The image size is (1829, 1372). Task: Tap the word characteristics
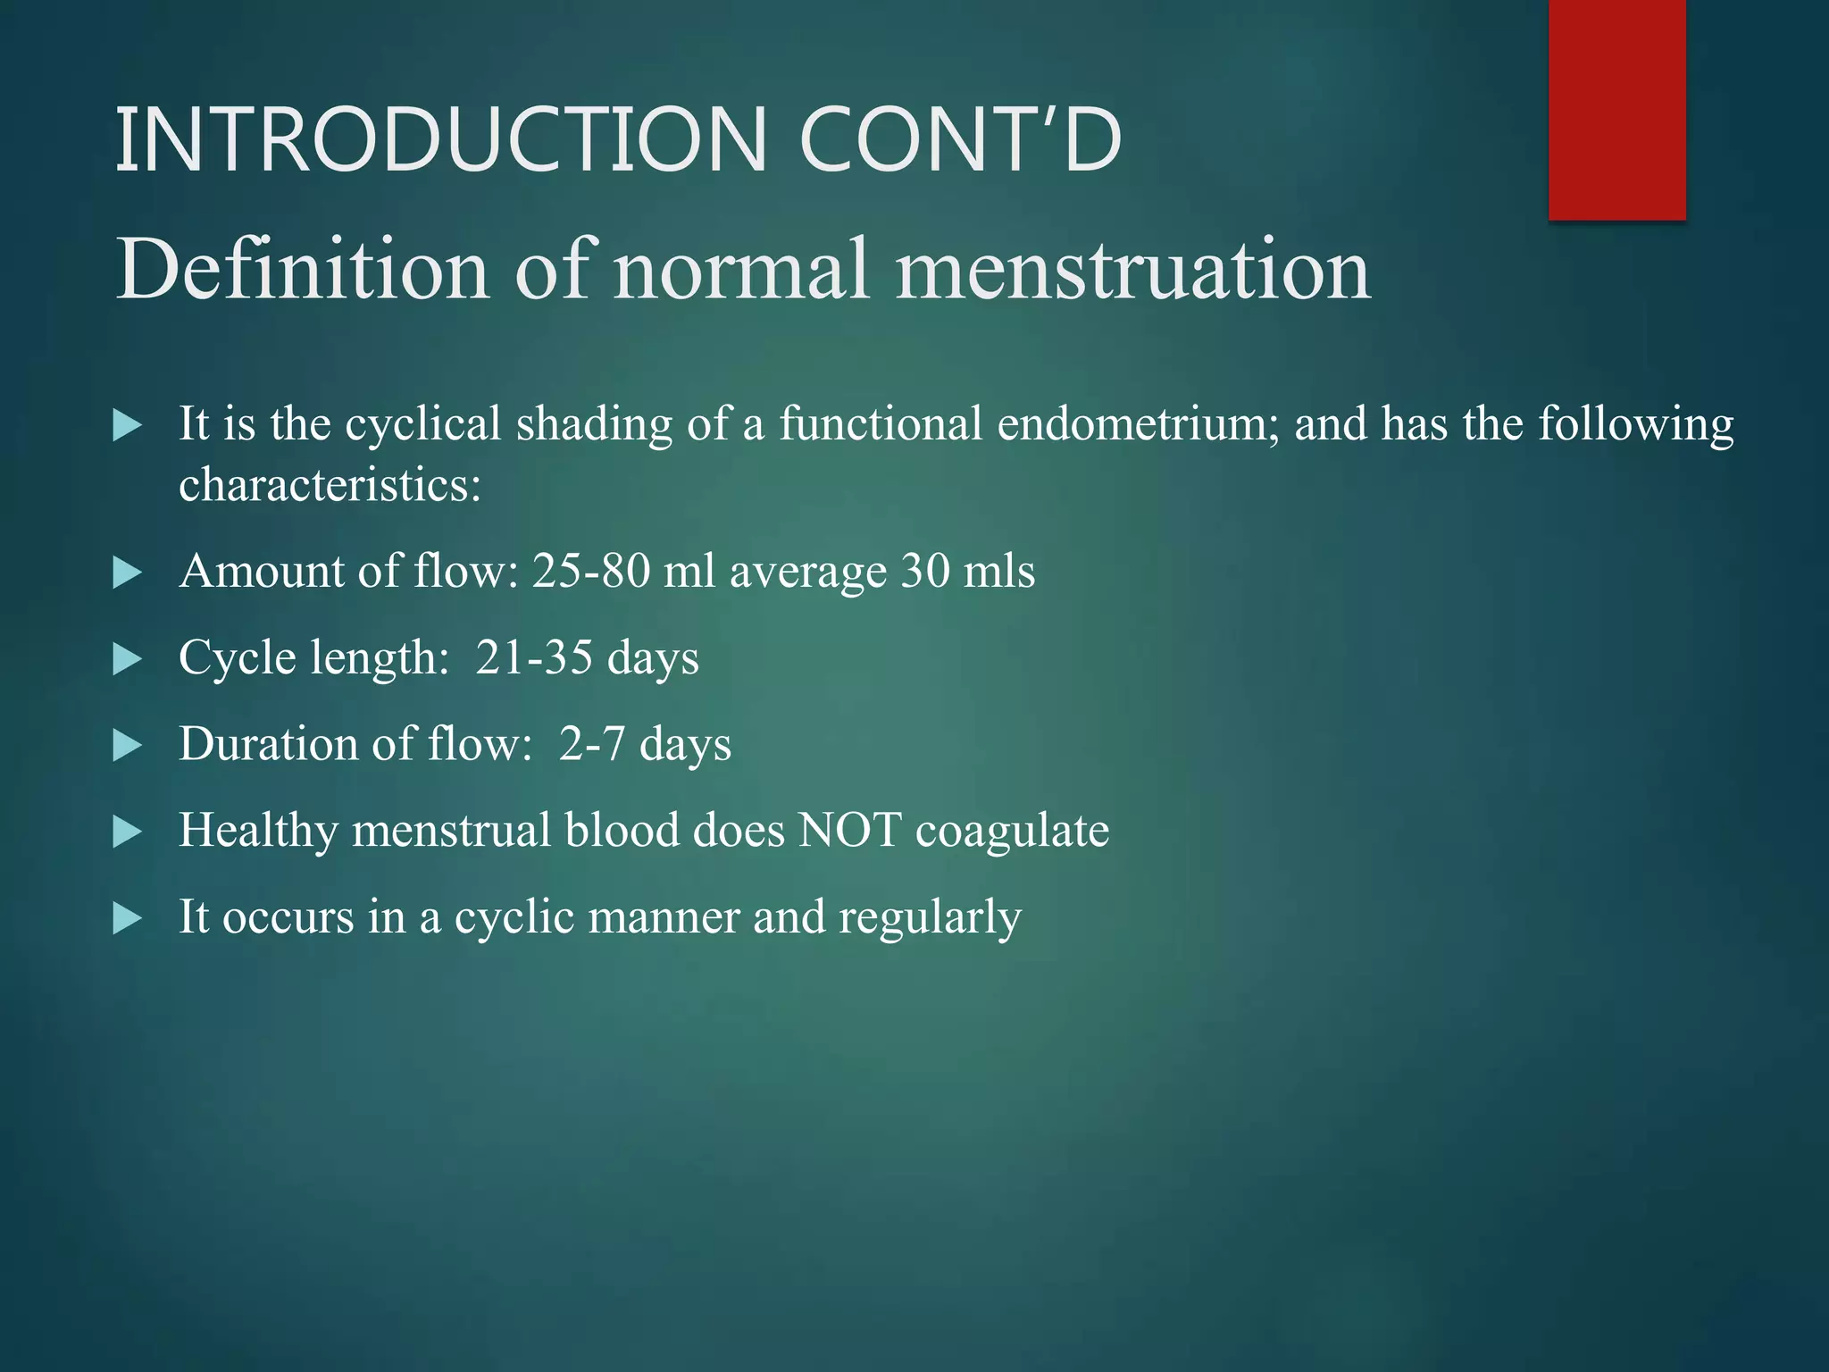point(329,486)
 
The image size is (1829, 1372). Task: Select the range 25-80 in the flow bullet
point(591,571)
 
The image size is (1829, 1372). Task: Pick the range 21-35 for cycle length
point(534,657)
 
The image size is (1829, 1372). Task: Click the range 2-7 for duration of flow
point(591,744)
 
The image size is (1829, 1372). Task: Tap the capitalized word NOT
point(849,831)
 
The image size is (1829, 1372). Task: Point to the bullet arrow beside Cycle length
point(128,660)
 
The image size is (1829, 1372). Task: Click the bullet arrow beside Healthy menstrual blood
point(128,832)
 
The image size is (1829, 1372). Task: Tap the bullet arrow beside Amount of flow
point(128,573)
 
